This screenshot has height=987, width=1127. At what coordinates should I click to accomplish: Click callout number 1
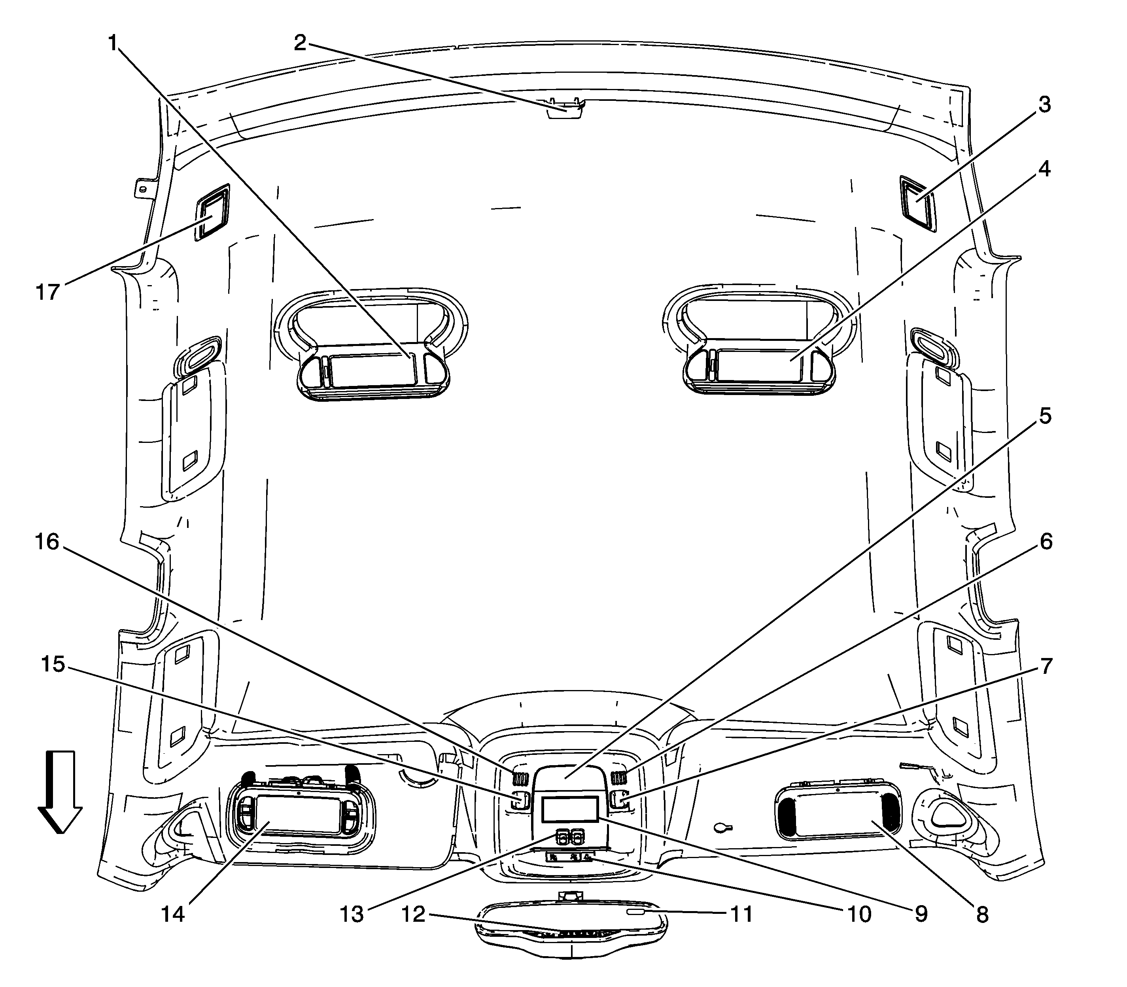(113, 42)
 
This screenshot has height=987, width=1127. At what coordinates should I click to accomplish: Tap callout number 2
(300, 42)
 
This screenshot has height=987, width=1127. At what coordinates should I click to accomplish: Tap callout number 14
(172, 914)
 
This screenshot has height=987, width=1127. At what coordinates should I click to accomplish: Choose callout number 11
(741, 914)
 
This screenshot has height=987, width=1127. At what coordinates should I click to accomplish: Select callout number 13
(352, 914)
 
